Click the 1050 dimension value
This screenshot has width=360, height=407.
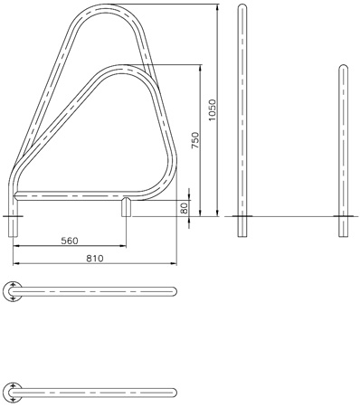point(213,110)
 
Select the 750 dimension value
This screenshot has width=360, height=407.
point(195,140)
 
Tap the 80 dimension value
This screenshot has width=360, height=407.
point(184,208)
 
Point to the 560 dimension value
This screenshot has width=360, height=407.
point(70,241)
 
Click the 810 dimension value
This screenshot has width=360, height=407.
point(95,258)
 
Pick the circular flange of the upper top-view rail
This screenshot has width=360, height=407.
point(12,291)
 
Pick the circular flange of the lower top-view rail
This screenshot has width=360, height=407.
point(12,393)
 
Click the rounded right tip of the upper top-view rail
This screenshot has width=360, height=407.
point(175,291)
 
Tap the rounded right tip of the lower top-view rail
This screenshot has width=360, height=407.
point(175,393)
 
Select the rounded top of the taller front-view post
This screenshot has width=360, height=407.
point(242,5)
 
